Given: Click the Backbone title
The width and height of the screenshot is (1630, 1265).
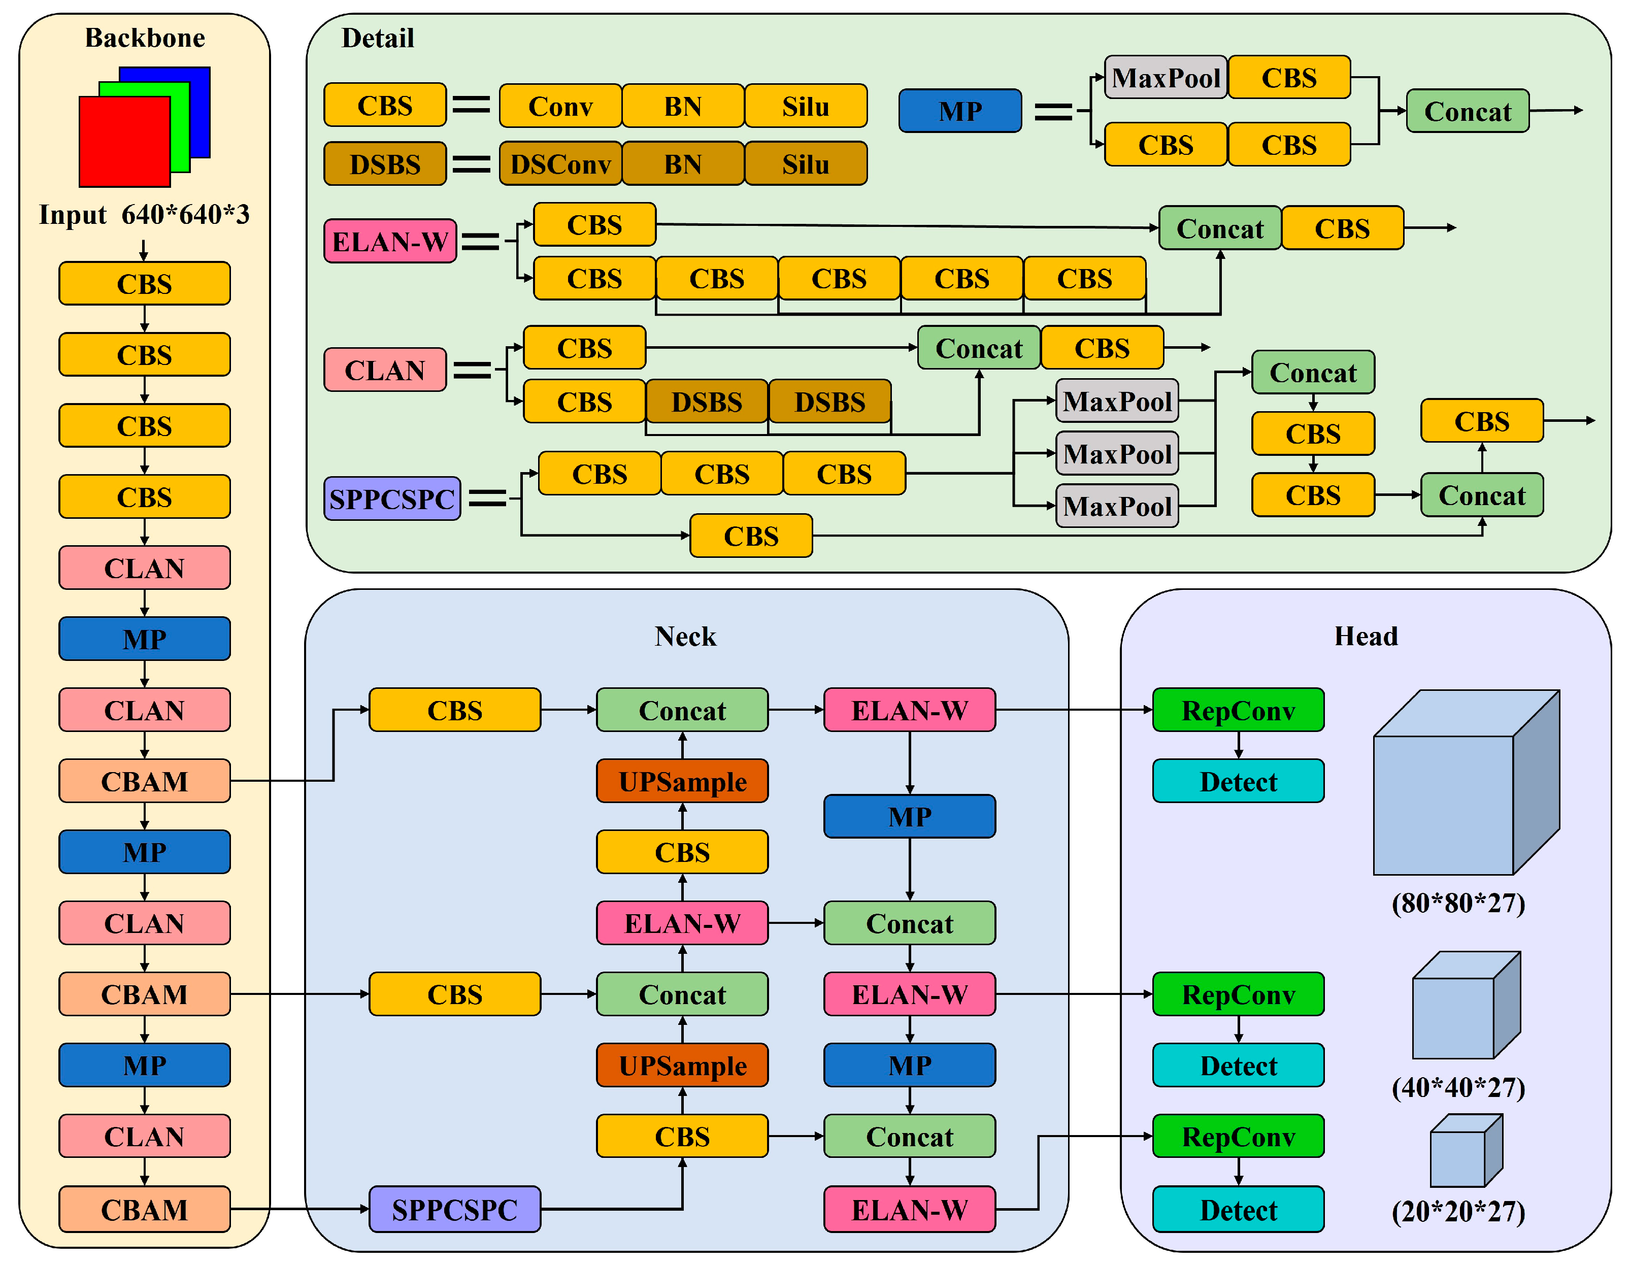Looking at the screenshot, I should tap(145, 38).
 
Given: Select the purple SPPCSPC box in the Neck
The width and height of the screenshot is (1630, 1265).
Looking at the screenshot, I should tap(454, 1209).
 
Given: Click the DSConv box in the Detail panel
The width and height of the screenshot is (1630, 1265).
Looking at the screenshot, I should tap(560, 163).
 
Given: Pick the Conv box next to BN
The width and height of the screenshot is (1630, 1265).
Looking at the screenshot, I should tap(560, 106).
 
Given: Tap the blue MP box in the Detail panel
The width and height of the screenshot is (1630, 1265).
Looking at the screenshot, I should tap(960, 111).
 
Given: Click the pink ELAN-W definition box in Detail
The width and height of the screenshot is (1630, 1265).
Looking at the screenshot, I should tap(389, 241).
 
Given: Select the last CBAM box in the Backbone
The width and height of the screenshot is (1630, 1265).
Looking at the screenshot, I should tap(145, 1209).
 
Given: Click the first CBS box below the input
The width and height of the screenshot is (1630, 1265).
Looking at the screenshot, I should tap(145, 284).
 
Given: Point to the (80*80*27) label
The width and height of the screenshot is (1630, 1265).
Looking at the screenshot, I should tap(1457, 903).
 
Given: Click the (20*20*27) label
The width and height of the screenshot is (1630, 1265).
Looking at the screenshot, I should tap(1457, 1211).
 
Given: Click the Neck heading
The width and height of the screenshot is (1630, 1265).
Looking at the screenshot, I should tap(685, 636).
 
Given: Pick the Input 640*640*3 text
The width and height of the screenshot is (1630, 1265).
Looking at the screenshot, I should tap(145, 214).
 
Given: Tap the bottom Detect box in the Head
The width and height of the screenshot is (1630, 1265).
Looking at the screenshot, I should tap(1238, 1209).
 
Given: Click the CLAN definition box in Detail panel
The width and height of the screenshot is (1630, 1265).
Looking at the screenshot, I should tap(385, 370).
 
